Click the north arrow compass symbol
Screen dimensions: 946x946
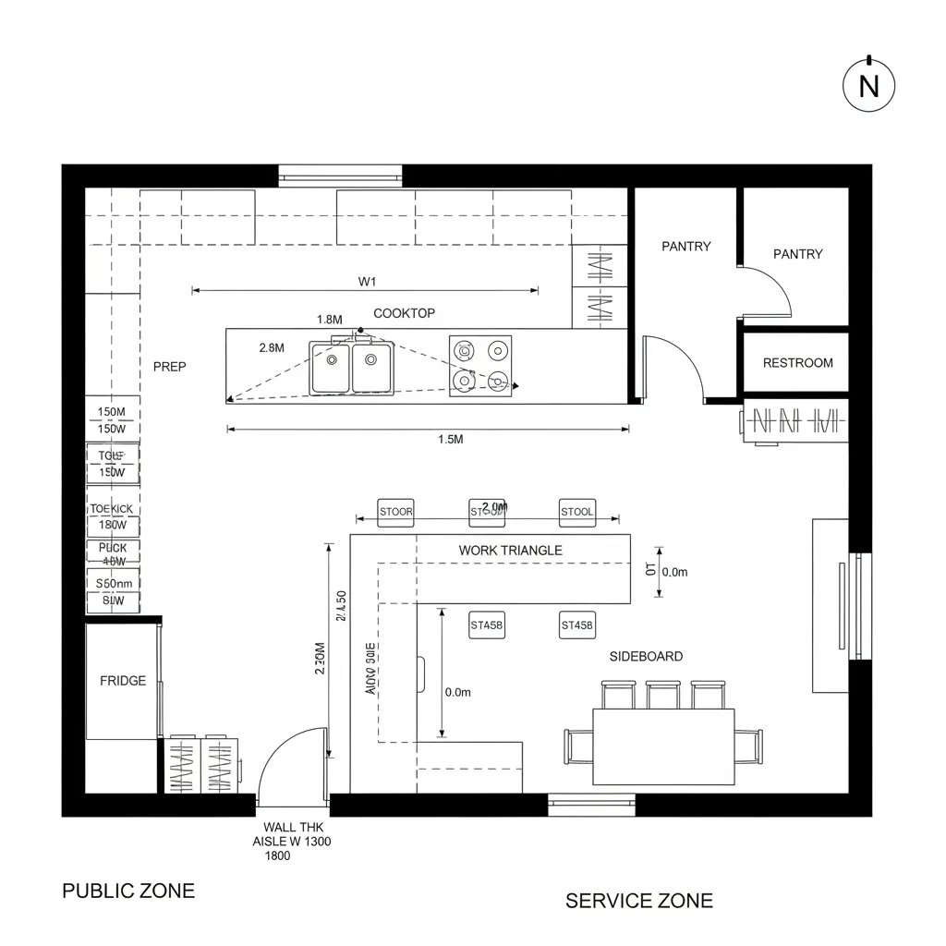868,85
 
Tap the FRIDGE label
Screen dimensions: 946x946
123,681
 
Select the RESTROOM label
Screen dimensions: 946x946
797,363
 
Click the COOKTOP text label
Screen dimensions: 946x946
404,313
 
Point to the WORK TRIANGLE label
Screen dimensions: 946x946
510,550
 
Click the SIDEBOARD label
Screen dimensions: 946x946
646,656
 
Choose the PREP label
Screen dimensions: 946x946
169,367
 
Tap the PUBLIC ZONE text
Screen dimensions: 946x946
128,891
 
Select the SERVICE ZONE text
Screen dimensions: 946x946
639,900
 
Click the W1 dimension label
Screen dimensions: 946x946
367,281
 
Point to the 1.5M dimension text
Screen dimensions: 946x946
450,440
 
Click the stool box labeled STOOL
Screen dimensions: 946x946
577,511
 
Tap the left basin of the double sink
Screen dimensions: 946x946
330,368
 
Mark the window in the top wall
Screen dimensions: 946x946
340,175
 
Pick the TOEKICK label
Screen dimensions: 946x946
111,509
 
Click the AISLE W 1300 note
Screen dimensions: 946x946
292,842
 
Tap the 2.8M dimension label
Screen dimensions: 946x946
272,347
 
